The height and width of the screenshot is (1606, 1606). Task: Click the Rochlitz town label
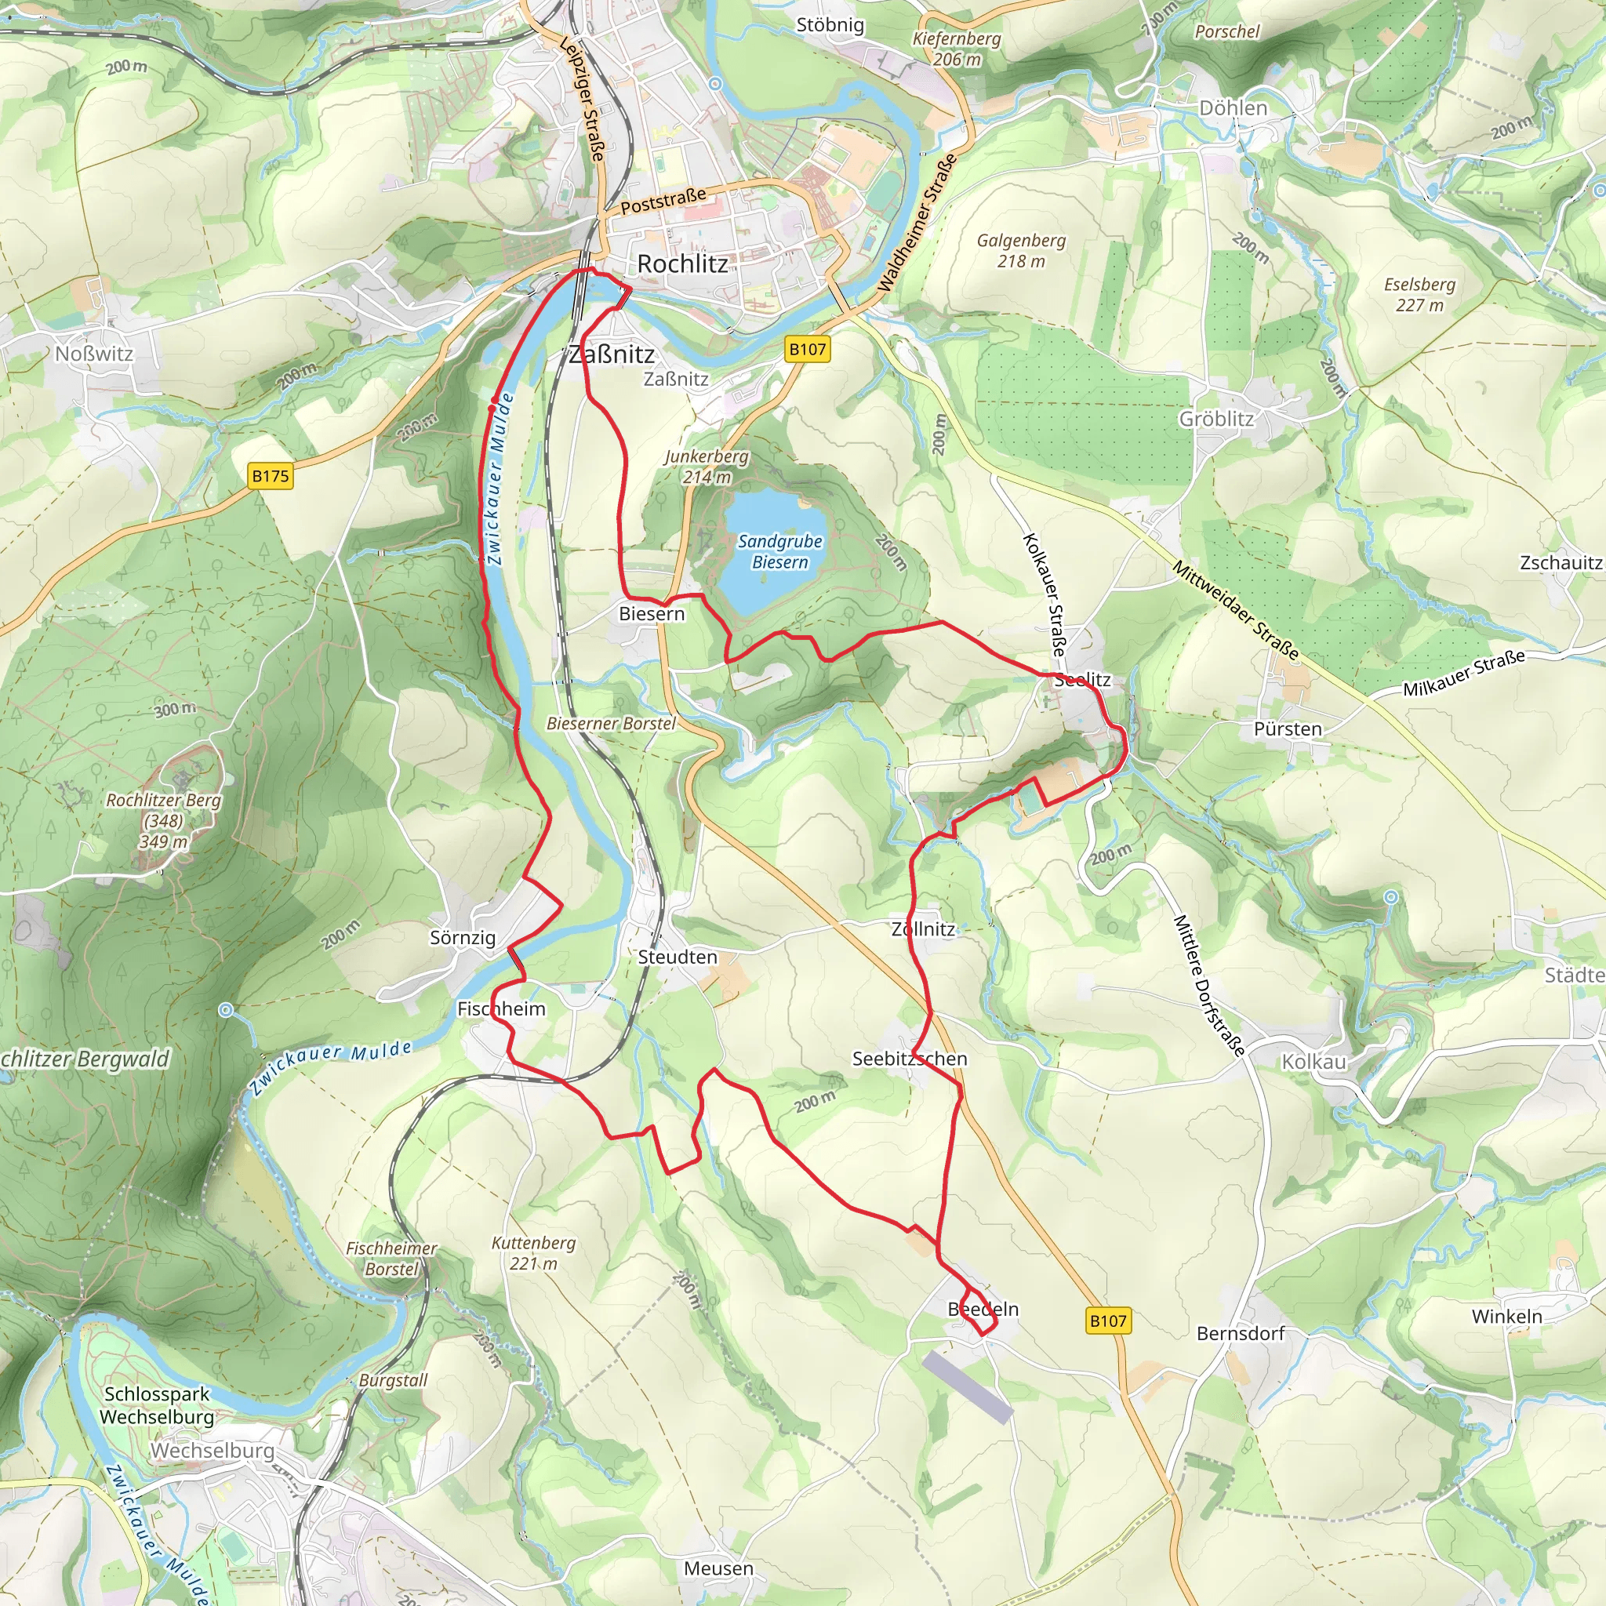coord(681,264)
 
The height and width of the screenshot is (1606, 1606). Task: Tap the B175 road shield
coord(271,476)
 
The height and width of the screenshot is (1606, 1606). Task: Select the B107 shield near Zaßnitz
coord(807,349)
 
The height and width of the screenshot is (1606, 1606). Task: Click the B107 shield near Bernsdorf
coord(1108,1320)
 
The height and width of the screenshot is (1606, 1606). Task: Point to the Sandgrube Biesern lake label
coord(779,552)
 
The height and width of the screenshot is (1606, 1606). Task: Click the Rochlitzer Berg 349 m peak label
coord(163,820)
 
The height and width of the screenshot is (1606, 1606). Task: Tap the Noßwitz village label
coord(94,354)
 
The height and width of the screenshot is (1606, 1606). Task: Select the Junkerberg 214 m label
coord(707,467)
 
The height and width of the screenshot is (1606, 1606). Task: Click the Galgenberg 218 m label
coord(1021,250)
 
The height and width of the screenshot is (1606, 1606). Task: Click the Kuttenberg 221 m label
coord(534,1252)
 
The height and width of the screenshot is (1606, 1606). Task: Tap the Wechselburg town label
coord(212,1451)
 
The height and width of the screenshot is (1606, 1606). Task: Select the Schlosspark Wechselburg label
coord(157,1404)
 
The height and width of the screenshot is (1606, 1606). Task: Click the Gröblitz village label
coord(1216,419)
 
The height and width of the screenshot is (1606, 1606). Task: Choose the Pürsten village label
coord(1288,729)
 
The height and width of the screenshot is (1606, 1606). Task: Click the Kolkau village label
coord(1314,1063)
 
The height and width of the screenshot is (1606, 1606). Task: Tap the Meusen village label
coord(718,1568)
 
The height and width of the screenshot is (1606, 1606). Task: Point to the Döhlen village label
coord(1233,108)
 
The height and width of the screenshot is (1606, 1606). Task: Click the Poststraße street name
coord(663,200)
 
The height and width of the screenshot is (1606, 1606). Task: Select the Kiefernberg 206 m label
coord(957,49)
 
